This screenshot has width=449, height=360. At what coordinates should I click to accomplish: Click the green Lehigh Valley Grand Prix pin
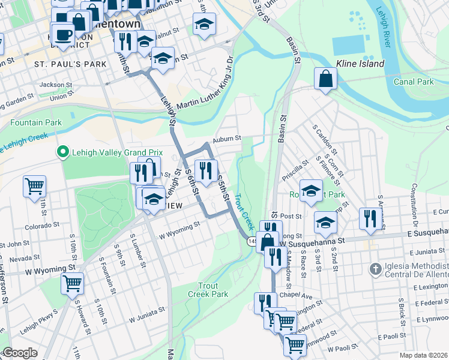[61, 152]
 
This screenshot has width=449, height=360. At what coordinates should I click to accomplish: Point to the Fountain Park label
[36, 122]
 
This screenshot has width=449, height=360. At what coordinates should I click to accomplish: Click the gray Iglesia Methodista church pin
[375, 268]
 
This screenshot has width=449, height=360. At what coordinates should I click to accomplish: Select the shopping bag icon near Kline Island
[325, 79]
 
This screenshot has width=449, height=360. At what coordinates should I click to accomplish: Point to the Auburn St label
[227, 138]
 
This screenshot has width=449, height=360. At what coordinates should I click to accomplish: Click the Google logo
[19, 353]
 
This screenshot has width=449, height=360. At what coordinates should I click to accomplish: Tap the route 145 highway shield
[252, 241]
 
